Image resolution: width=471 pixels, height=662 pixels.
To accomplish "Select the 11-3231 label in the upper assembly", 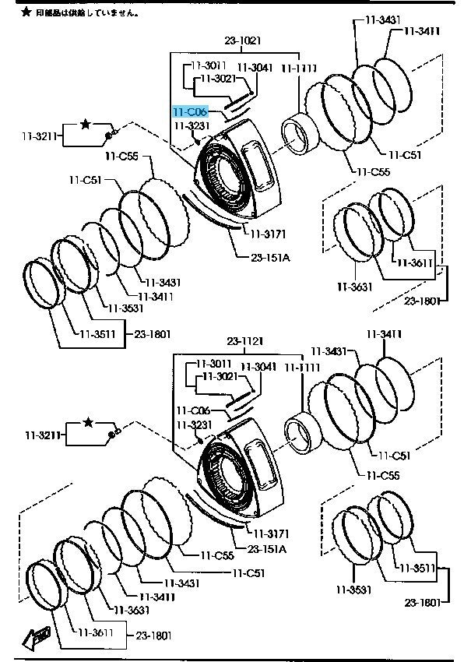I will tap(192, 125).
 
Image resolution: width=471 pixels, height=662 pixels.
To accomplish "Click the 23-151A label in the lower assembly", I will tap(269, 548).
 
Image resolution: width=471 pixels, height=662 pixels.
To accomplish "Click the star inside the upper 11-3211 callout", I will tap(86, 124).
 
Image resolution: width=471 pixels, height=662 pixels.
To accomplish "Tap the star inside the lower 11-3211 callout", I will tap(88, 422).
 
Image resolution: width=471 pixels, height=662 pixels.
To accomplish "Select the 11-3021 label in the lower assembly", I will tap(220, 376).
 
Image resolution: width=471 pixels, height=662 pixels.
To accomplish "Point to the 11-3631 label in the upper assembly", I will tap(355, 287).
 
